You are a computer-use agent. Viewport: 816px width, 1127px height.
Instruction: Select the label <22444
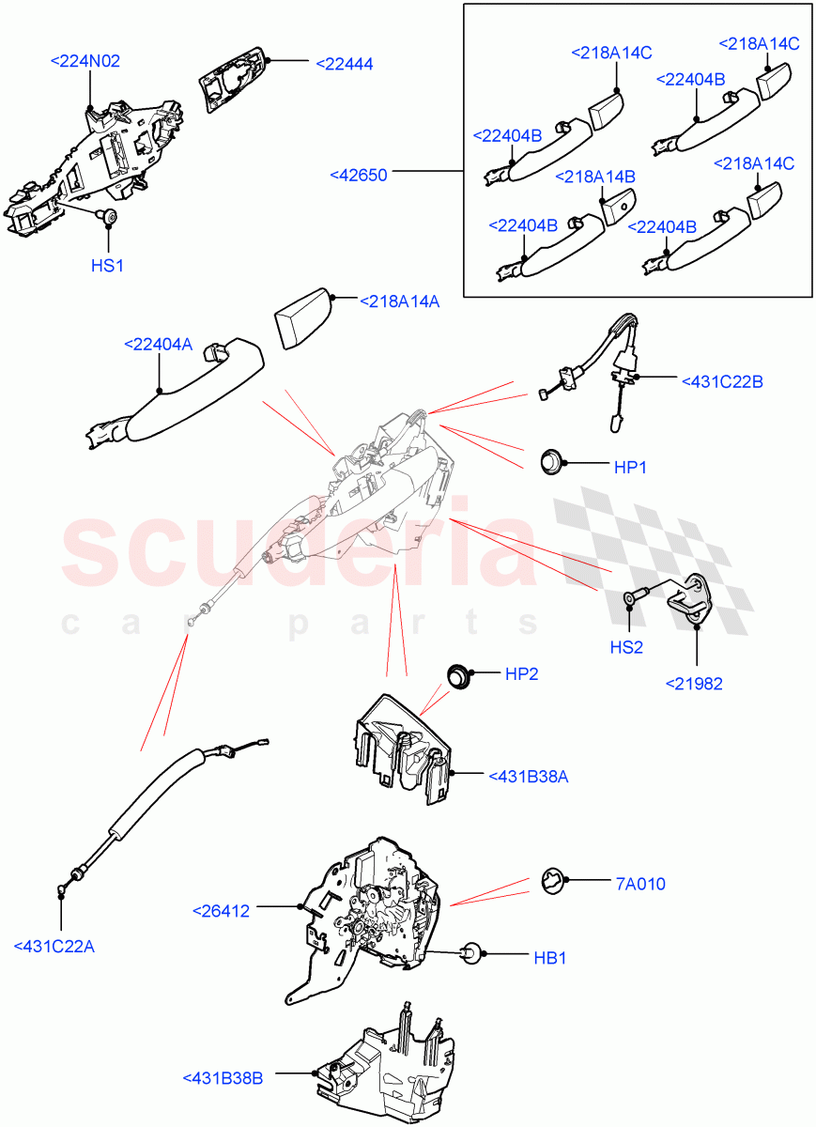(344, 64)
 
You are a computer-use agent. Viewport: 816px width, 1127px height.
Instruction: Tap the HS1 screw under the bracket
(110, 219)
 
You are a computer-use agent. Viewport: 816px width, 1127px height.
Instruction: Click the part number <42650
(359, 174)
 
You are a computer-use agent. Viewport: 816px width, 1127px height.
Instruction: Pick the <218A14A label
(400, 301)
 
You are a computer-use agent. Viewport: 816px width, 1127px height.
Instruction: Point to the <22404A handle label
(158, 345)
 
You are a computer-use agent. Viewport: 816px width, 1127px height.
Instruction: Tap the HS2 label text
(627, 646)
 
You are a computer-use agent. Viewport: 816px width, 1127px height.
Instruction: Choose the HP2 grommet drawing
(458, 674)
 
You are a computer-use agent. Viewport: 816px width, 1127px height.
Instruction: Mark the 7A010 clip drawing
(554, 883)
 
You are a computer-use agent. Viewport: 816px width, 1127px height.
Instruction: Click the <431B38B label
(223, 1078)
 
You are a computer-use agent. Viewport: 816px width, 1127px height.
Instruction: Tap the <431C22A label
(54, 946)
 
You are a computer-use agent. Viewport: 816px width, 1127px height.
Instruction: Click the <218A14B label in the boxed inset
(595, 177)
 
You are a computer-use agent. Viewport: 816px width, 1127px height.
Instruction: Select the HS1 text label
(107, 266)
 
